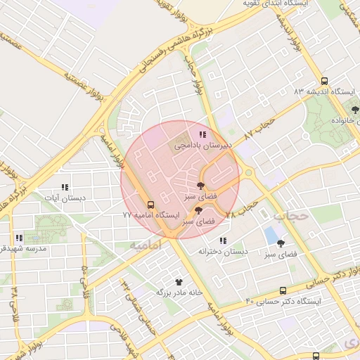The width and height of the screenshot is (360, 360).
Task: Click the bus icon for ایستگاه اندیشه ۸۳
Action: coord(324,81)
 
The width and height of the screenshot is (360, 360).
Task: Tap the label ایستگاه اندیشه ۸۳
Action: coord(321,92)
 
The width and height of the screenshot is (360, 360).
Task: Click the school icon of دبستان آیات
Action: coord(64,188)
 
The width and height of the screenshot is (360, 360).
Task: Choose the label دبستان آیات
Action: coord(64,199)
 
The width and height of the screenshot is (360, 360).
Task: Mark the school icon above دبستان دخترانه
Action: coord(223,240)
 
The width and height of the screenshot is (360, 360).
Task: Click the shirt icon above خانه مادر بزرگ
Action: coord(169,281)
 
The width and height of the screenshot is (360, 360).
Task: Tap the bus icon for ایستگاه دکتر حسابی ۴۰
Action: coord(283,290)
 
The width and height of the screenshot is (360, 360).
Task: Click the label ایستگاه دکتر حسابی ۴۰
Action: coord(283,302)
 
